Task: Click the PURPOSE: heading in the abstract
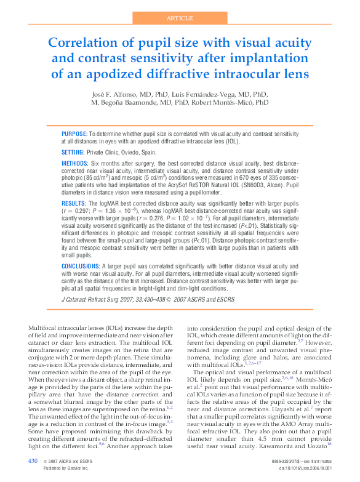click(74, 134)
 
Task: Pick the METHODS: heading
click(76, 164)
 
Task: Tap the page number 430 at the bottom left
click(33, 460)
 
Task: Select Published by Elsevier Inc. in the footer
click(66, 468)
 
